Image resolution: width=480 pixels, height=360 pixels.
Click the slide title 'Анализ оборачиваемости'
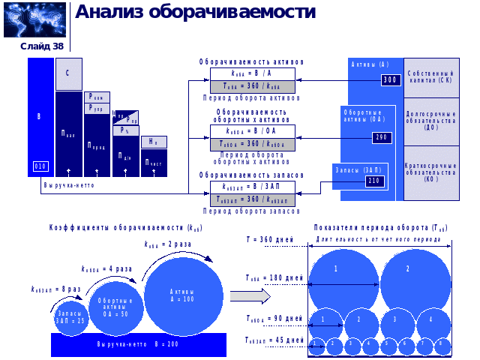(195, 13)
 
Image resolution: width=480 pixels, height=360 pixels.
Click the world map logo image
(34, 19)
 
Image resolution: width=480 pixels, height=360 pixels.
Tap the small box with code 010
(40, 166)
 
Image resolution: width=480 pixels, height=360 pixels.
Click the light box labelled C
(68, 73)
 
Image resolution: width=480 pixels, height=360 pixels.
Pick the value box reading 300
(390, 80)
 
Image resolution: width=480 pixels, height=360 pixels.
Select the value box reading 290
(381, 137)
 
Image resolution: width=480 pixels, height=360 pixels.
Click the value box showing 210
(374, 181)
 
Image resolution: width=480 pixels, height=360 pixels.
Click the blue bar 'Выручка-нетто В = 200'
(138, 344)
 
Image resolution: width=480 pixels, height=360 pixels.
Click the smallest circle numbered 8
(442, 345)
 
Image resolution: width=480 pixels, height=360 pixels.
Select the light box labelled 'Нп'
(153, 142)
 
